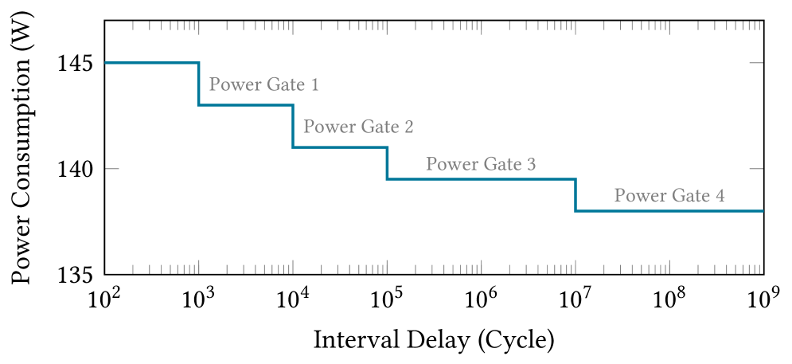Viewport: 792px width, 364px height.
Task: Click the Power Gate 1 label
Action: click(x=263, y=84)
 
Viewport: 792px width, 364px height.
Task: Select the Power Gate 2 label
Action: click(x=358, y=127)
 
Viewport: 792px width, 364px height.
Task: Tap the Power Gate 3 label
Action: click(x=480, y=164)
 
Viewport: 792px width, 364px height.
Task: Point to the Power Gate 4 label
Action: click(x=669, y=195)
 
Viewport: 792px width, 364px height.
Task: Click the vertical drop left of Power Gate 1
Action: click(x=198, y=84)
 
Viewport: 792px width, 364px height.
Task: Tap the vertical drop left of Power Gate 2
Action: click(x=293, y=126)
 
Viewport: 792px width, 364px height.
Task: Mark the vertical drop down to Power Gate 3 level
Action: click(x=387, y=163)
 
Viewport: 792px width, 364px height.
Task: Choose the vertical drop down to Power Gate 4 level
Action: click(x=575, y=195)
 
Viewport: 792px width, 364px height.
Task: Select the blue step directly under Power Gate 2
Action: click(x=340, y=147)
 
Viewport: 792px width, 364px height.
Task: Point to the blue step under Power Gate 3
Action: click(x=481, y=179)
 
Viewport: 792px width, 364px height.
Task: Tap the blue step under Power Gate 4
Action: click(x=669, y=211)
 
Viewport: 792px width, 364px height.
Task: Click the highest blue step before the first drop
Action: click(x=151, y=62)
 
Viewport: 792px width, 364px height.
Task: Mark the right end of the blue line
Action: click(x=763, y=211)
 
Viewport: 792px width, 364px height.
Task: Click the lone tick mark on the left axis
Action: click(x=112, y=169)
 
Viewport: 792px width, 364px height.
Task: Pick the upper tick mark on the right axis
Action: click(x=756, y=62)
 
